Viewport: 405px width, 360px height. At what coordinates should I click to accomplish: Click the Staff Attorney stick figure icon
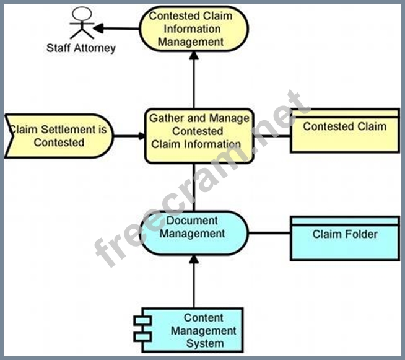81,24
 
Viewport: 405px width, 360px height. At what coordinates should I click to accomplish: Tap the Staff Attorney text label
81,48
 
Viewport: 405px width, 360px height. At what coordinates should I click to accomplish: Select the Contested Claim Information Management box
193,29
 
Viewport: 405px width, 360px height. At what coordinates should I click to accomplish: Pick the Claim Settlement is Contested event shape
59,136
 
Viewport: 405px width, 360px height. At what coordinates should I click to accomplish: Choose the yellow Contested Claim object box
345,131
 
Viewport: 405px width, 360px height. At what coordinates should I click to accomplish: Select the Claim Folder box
345,238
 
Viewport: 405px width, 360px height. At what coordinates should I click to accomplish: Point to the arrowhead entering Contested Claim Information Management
194,56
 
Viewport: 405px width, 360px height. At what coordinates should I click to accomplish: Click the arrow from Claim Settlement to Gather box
128,135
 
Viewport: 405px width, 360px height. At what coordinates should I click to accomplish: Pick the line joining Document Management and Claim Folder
269,234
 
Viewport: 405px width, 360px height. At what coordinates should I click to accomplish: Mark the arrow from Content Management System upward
194,282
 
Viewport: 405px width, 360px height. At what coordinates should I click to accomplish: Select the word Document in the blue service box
191,221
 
